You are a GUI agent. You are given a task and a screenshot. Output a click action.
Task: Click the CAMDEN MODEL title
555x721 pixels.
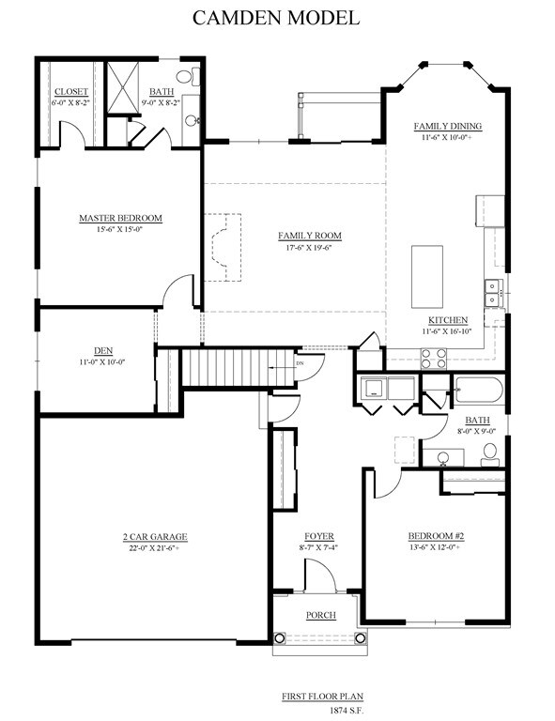pos(276,18)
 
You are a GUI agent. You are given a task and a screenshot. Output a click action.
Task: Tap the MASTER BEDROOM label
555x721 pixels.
pos(120,218)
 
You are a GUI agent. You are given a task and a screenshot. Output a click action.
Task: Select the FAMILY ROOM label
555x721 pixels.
pos(310,236)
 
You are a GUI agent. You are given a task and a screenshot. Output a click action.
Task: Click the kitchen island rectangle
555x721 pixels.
pos(427,277)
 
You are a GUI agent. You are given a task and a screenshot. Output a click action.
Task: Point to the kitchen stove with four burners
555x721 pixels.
pos(434,359)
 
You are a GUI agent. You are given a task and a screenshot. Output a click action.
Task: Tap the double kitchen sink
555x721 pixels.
pos(492,293)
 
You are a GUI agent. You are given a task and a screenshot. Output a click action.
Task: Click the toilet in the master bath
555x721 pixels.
pos(189,76)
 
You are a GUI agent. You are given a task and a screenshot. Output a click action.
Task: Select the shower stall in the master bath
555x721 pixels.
pos(123,87)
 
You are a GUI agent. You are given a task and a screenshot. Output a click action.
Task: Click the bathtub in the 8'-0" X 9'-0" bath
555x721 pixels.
pos(479,391)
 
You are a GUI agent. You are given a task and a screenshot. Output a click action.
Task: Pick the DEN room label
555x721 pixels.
pos(103,351)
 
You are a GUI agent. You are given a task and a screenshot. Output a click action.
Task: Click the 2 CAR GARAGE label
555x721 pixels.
pos(155,537)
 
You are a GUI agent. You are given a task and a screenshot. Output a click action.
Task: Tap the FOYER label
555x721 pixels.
pos(319,536)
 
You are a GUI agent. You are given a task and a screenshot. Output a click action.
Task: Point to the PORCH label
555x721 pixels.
pos(321,615)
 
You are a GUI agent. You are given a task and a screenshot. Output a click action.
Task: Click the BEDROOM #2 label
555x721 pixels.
pos(437,536)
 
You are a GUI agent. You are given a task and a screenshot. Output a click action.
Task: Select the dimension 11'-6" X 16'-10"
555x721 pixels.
pos(447,331)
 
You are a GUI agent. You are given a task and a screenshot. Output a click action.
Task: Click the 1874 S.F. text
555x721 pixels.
pos(347,711)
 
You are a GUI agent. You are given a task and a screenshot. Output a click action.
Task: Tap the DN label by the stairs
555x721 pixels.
pos(301,363)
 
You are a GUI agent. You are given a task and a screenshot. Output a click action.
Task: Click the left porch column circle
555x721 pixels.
pos(279,638)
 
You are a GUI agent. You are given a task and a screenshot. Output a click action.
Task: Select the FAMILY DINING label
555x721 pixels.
pos(448,126)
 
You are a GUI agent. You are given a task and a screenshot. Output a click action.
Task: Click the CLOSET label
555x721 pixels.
pos(71,91)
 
